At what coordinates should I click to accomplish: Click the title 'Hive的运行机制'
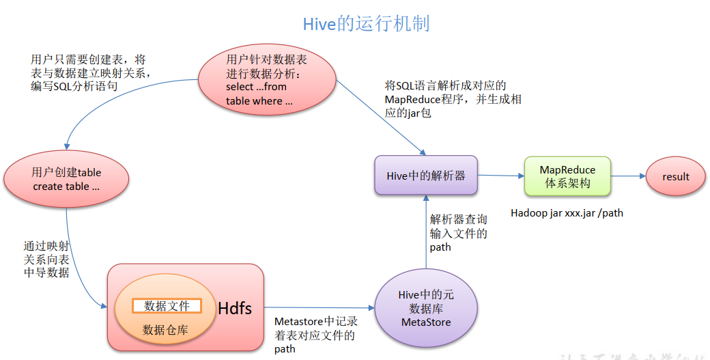pos(366,25)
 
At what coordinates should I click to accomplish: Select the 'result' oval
pos(676,177)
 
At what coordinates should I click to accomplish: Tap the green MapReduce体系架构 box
pos(567,176)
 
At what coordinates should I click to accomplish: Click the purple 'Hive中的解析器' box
pos(426,176)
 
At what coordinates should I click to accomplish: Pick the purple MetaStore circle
pos(426,308)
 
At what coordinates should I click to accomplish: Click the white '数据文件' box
pos(167,306)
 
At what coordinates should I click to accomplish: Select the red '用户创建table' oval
pos(66,179)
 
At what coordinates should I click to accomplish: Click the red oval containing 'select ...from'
pos(268,80)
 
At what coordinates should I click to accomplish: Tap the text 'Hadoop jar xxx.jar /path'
pos(567,213)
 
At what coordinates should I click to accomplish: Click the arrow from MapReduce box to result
pos(628,176)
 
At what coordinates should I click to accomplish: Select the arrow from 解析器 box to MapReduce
pos(500,176)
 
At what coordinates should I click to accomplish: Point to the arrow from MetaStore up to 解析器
pos(426,232)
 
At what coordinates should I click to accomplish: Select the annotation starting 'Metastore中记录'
pos(315,335)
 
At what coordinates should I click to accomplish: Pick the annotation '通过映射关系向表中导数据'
pos(46,259)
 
